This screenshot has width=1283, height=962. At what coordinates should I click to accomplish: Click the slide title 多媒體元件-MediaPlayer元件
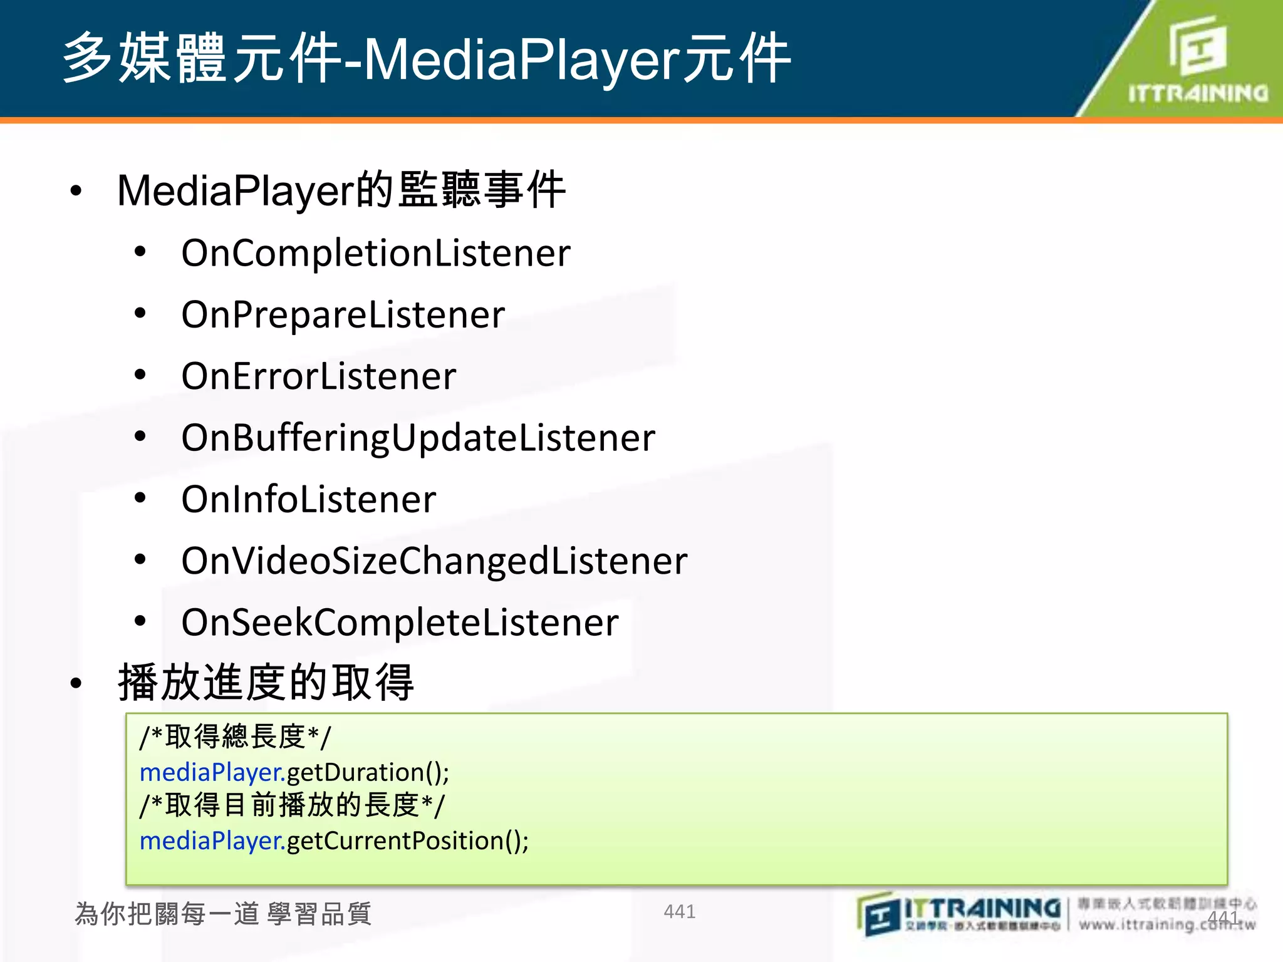pyautogui.click(x=426, y=59)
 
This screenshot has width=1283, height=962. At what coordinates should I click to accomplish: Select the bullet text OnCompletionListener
pyautogui.click(x=376, y=253)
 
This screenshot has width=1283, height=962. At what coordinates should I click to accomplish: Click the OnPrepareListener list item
pyautogui.click(x=343, y=314)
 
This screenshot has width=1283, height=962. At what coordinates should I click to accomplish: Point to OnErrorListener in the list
pyautogui.click(x=319, y=376)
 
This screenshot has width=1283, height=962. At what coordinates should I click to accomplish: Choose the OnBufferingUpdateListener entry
pyautogui.click(x=418, y=438)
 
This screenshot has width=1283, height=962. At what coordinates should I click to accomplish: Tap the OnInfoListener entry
pyautogui.click(x=308, y=499)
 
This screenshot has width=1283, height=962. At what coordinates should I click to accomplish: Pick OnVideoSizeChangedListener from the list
pyautogui.click(x=434, y=561)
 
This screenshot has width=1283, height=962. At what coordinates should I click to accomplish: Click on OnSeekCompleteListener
pyautogui.click(x=400, y=623)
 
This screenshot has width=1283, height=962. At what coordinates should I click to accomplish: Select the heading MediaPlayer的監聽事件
pyautogui.click(x=341, y=190)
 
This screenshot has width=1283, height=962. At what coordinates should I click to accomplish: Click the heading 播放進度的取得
pyautogui.click(x=266, y=683)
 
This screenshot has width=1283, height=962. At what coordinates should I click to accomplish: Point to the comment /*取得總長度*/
pyautogui.click(x=236, y=737)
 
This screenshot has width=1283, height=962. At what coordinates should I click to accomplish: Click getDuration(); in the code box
pyautogui.click(x=368, y=772)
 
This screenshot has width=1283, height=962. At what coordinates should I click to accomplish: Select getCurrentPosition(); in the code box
pyautogui.click(x=407, y=840)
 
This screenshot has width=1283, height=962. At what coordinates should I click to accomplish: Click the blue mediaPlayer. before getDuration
pyautogui.click(x=212, y=772)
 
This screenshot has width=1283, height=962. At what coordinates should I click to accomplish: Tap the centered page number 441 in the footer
pyautogui.click(x=679, y=911)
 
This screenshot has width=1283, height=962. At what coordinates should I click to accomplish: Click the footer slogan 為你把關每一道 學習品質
pyautogui.click(x=223, y=914)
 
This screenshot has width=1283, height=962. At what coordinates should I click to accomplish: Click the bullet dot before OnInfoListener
pyautogui.click(x=140, y=499)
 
